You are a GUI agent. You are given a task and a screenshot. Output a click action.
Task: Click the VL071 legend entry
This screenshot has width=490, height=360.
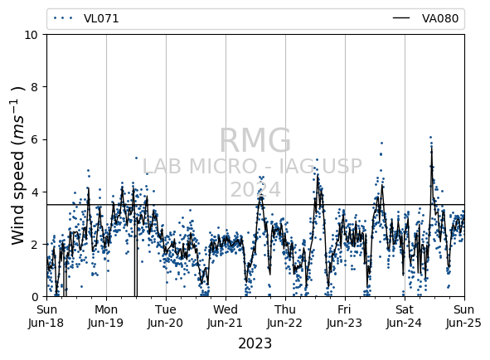coord(86,18)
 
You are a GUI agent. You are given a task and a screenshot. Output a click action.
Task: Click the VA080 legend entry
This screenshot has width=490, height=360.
coord(425,18)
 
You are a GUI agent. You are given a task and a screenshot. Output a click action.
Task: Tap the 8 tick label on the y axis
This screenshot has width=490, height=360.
coord(35,87)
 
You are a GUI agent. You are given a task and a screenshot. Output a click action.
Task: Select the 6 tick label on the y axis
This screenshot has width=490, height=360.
coord(35,139)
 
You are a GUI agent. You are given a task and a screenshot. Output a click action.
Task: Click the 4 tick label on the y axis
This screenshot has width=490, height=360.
coord(35,192)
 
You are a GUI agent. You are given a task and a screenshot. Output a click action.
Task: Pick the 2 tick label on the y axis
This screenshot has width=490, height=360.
coord(35,244)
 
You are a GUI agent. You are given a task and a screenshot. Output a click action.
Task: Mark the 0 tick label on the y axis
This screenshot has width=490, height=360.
coord(35,296)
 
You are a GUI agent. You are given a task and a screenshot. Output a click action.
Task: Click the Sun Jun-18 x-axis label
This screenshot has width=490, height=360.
coord(46,316)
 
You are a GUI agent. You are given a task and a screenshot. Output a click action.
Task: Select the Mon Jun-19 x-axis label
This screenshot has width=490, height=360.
coord(106,316)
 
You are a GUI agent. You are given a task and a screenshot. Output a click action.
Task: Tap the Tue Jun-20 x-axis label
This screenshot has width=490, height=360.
coord(166,316)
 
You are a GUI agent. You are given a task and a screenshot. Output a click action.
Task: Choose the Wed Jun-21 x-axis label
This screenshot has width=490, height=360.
coord(226,316)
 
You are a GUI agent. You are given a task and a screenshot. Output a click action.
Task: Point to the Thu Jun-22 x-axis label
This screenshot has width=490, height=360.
coord(285,316)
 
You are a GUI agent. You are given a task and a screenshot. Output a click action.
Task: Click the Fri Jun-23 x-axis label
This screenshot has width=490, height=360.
coord(345,316)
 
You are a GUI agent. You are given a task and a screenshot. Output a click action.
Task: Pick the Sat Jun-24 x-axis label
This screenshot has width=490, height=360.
coord(405,316)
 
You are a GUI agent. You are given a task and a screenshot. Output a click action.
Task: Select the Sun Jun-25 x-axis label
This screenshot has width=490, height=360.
coord(464,316)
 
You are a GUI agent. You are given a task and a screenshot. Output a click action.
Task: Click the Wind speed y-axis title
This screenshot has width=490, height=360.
coord(17,165)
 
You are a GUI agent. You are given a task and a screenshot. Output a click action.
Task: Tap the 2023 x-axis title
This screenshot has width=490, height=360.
coord(255,343)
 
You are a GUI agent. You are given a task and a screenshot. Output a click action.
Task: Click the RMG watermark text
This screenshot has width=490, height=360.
coord(255,140)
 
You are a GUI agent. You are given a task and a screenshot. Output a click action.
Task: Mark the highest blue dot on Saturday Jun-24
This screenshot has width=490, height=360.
coord(430,138)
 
